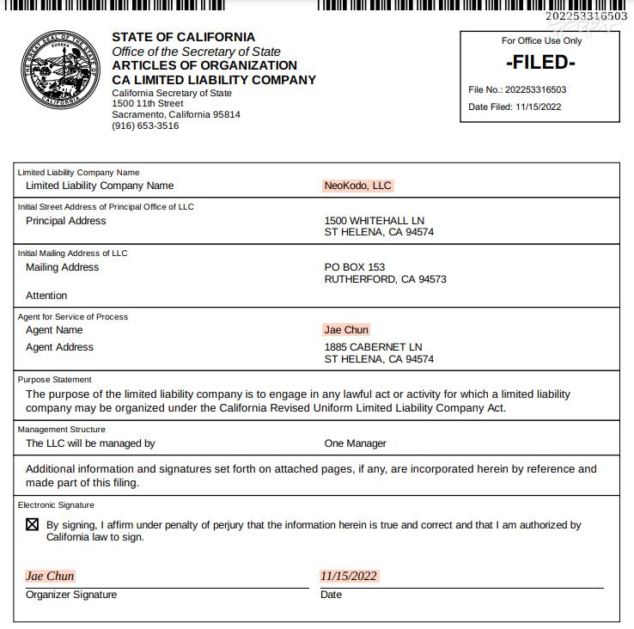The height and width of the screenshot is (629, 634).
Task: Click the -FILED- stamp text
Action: pyautogui.click(x=540, y=62)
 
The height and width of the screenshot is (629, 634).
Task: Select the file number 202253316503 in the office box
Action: pyautogui.click(x=535, y=89)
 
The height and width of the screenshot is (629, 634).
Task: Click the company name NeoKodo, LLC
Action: pyautogui.click(x=357, y=186)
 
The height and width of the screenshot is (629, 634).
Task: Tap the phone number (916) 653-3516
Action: pyautogui.click(x=145, y=125)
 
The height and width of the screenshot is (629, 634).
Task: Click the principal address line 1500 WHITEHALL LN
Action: pyautogui.click(x=374, y=221)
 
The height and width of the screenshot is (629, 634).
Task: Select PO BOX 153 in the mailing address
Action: pyautogui.click(x=354, y=267)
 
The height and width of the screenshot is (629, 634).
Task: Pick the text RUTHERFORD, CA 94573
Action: pyautogui.click(x=385, y=279)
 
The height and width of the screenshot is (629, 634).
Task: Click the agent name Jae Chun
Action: pyautogui.click(x=346, y=330)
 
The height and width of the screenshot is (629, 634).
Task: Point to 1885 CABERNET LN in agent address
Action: pyautogui.click(x=373, y=347)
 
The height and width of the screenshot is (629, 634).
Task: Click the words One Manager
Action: pyautogui.click(x=355, y=443)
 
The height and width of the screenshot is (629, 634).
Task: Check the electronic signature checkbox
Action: pyautogui.click(x=33, y=525)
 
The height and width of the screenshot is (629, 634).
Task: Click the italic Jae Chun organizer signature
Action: pyautogui.click(x=50, y=576)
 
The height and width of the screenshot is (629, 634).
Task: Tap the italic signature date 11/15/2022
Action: pyautogui.click(x=349, y=576)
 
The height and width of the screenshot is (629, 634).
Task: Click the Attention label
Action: pyautogui.click(x=46, y=296)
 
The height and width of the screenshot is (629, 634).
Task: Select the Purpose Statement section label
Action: pyautogui.click(x=55, y=379)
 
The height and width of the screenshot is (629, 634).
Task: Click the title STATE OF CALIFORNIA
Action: pyautogui.click(x=183, y=37)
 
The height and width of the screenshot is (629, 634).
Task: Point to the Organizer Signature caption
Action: pyautogui.click(x=71, y=595)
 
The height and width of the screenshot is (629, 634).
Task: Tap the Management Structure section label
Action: pyautogui.click(x=62, y=430)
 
